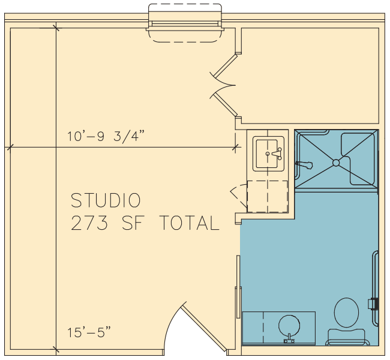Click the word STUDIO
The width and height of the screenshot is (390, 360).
click(x=106, y=200)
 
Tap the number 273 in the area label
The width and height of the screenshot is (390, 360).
click(x=89, y=223)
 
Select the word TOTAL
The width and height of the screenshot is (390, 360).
click(x=189, y=223)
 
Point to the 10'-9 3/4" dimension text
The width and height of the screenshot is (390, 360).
click(x=106, y=136)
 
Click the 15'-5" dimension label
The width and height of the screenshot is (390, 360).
click(x=89, y=332)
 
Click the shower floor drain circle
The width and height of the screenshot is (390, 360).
click(x=336, y=163)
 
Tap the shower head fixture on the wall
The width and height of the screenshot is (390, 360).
click(x=304, y=164)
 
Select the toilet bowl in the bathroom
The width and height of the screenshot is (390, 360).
click(x=346, y=313)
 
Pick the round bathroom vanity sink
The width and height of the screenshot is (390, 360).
click(x=289, y=326)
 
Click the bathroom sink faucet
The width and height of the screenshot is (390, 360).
click(x=289, y=339)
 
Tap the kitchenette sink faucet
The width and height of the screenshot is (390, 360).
click(x=277, y=154)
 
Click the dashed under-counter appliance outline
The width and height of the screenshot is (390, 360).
click(x=268, y=197)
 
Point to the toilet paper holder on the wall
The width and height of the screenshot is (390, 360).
click(x=373, y=304)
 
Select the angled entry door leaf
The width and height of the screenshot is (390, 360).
click(x=203, y=328)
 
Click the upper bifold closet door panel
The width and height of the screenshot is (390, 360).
click(x=226, y=66)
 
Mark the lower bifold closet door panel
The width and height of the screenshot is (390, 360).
click(x=226, y=104)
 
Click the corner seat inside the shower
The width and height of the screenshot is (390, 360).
click(x=358, y=159)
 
